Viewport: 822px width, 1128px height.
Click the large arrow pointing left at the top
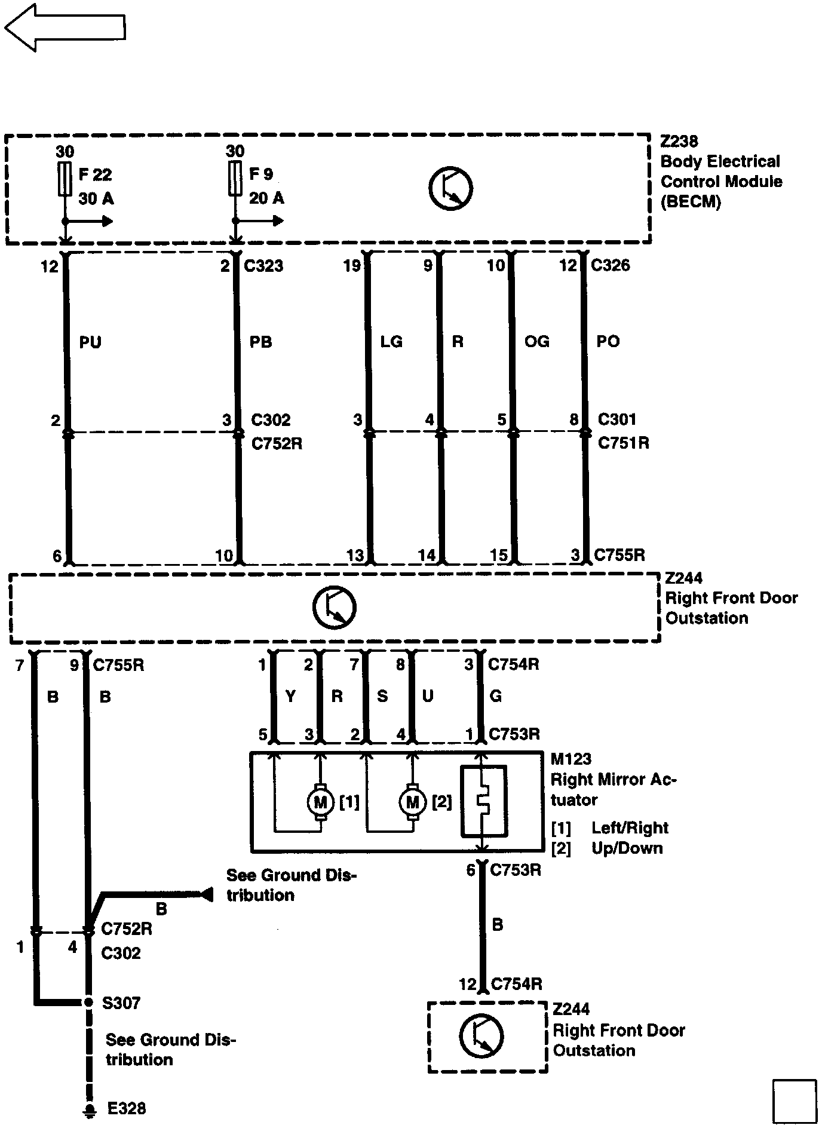tap(65, 27)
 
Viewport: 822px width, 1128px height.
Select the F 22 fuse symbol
tap(64, 178)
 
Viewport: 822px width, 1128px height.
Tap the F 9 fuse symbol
tap(235, 178)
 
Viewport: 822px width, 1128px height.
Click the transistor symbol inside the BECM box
tap(450, 188)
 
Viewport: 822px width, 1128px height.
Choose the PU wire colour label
tap(90, 342)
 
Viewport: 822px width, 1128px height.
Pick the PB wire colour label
tap(261, 342)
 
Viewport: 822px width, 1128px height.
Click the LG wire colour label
tap(391, 342)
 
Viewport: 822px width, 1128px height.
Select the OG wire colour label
tap(536, 342)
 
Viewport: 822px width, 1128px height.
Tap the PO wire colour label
tap(608, 342)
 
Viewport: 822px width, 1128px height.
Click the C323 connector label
tap(263, 265)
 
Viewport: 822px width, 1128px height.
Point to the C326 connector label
tap(611, 265)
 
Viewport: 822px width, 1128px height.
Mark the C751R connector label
tap(624, 443)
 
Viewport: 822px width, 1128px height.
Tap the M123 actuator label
tap(571, 759)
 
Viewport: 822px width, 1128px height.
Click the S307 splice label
tap(121, 1003)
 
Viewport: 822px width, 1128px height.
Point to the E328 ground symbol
tap(90, 1110)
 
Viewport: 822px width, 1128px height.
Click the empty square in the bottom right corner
tap(794, 1101)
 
